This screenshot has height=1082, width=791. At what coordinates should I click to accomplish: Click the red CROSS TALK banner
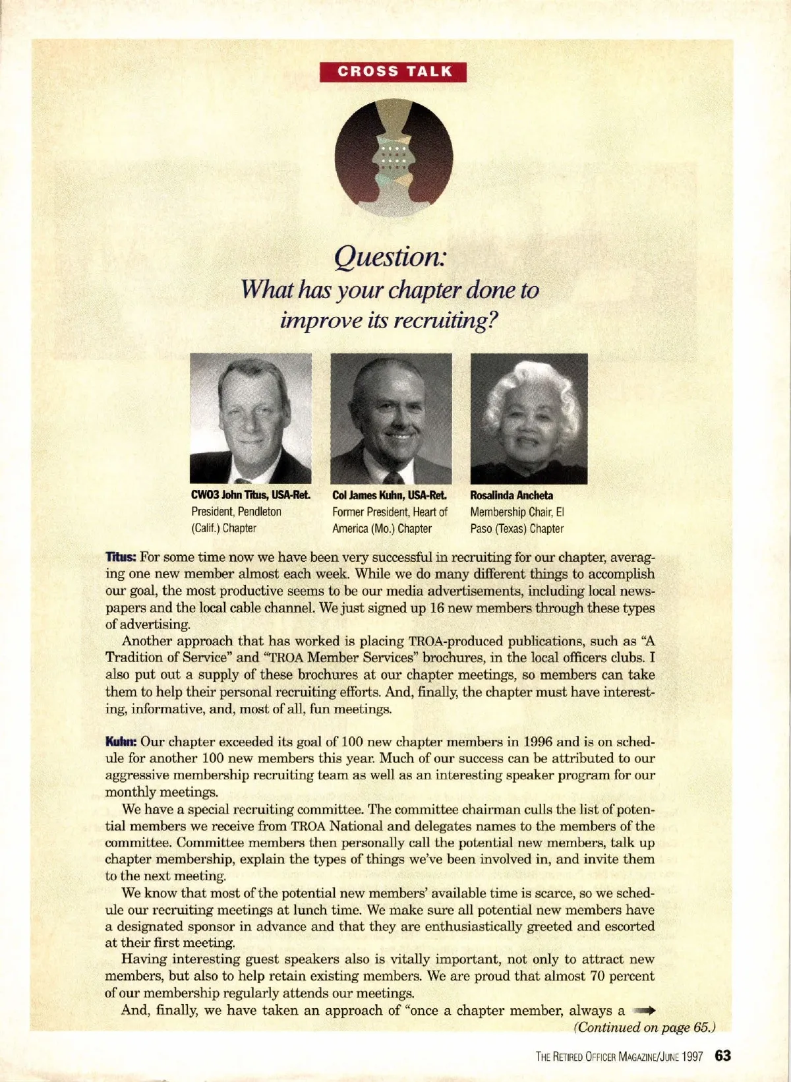click(x=393, y=72)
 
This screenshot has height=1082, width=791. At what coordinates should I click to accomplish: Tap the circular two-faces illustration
click(x=394, y=158)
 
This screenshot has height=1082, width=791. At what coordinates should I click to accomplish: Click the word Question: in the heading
click(x=391, y=256)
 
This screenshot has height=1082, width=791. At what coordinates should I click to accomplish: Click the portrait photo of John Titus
click(x=250, y=418)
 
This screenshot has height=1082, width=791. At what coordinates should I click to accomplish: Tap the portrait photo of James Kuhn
click(x=391, y=418)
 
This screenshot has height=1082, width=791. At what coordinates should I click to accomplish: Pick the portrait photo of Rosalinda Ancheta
click(x=529, y=418)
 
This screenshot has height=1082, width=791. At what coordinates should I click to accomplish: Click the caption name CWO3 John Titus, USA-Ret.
click(x=250, y=495)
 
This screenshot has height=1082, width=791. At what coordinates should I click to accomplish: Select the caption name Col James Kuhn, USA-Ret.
click(x=389, y=495)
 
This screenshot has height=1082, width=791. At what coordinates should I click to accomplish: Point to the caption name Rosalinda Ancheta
click(x=512, y=495)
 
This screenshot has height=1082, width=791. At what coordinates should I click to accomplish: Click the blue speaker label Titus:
click(x=121, y=557)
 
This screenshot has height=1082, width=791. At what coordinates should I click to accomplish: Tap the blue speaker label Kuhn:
click(x=121, y=742)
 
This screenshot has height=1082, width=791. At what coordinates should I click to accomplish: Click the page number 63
click(x=723, y=1056)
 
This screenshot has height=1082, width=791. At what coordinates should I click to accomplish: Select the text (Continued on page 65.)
click(x=645, y=1027)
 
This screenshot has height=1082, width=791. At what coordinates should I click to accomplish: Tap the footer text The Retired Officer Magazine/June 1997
click(x=620, y=1057)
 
